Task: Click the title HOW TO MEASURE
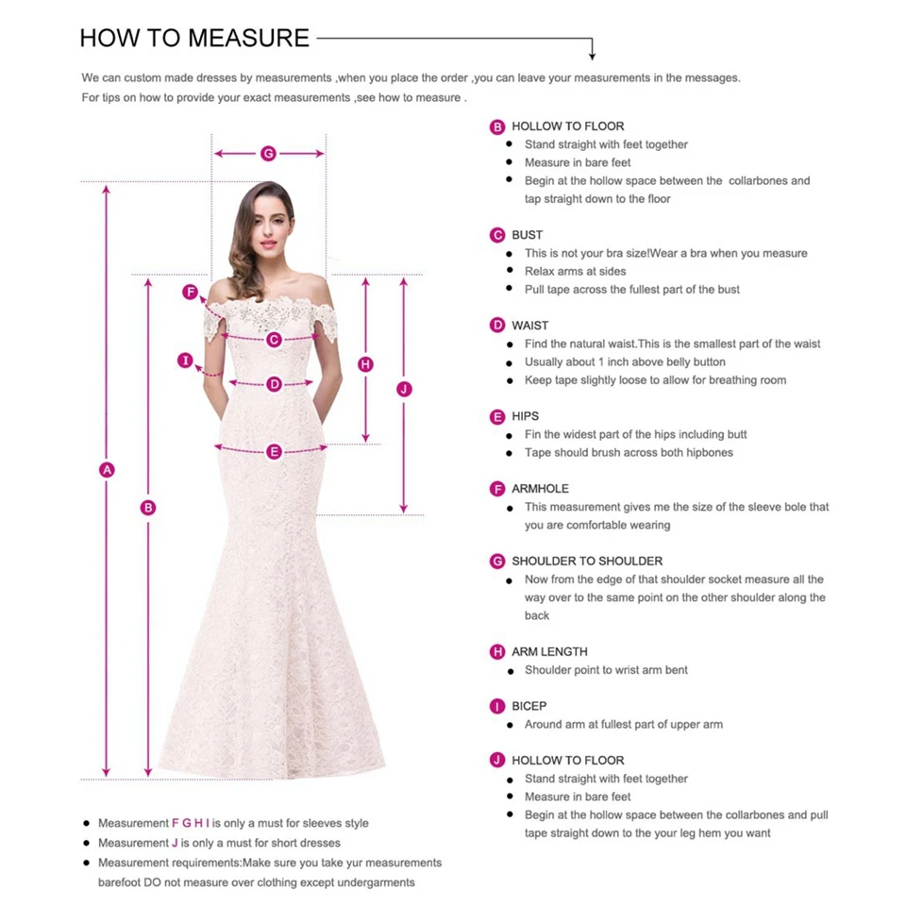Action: click(x=194, y=38)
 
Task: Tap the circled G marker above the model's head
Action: click(x=268, y=153)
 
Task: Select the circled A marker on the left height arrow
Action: click(x=107, y=469)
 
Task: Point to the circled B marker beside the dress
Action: click(x=148, y=508)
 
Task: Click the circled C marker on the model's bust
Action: click(x=274, y=340)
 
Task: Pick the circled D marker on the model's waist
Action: click(x=274, y=384)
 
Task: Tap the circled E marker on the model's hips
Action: click(x=274, y=452)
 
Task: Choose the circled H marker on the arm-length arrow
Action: click(x=366, y=364)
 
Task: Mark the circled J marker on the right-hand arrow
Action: click(x=404, y=389)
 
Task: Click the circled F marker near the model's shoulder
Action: click(x=190, y=293)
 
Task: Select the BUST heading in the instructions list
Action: click(x=528, y=235)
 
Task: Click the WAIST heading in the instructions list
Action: click(x=529, y=326)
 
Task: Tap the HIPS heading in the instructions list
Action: click(x=526, y=416)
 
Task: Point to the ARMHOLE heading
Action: click(x=541, y=489)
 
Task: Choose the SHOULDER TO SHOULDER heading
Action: click(x=587, y=562)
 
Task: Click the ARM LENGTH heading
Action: click(x=549, y=652)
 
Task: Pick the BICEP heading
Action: click(x=529, y=706)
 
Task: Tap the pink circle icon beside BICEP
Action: click(x=497, y=706)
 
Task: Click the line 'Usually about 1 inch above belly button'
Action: click(x=625, y=362)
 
